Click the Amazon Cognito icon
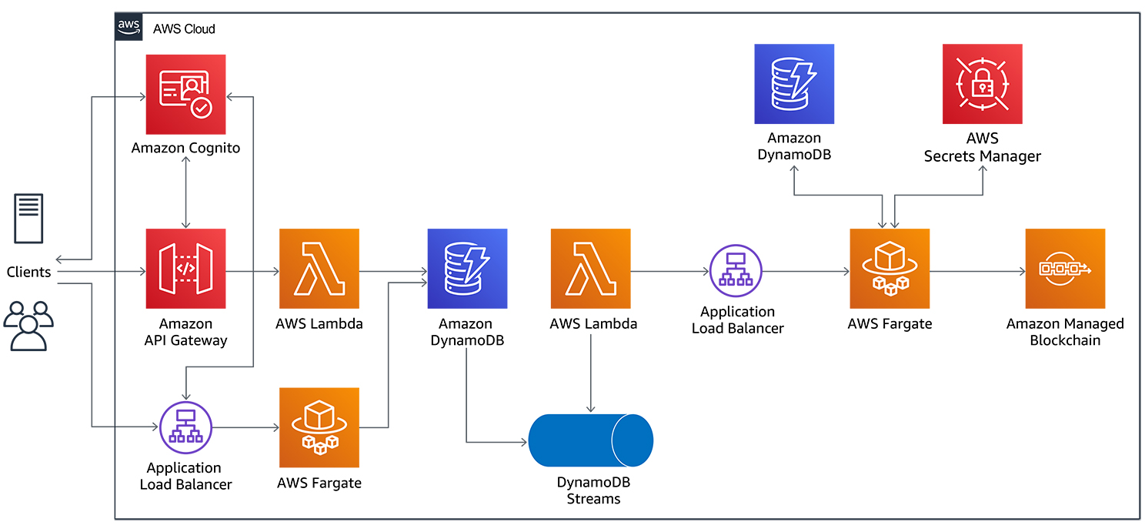185,93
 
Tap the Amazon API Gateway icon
185,268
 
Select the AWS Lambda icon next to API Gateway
319,268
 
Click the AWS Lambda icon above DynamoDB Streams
590,268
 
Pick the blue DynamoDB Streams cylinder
590,440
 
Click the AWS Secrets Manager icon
982,84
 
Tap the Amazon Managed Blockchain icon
1065,268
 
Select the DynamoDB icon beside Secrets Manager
794,84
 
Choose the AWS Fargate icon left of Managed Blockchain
890,268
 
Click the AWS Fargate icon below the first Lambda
319,427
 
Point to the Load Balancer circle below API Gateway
185,427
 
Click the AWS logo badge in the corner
129,27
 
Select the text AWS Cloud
184,29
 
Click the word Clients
28,272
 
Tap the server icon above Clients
28,219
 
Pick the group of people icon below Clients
28,326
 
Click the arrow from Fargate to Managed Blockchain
977,271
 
